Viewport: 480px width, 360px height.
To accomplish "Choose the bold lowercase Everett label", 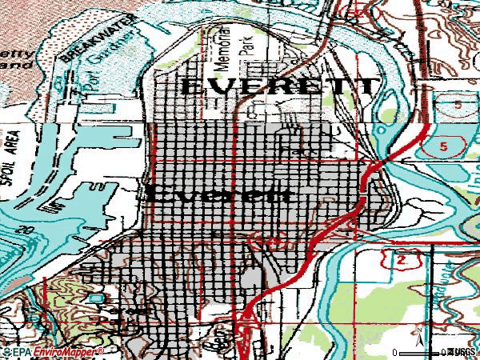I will tap(216, 194).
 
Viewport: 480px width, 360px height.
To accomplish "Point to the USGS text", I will tap(462, 351).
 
